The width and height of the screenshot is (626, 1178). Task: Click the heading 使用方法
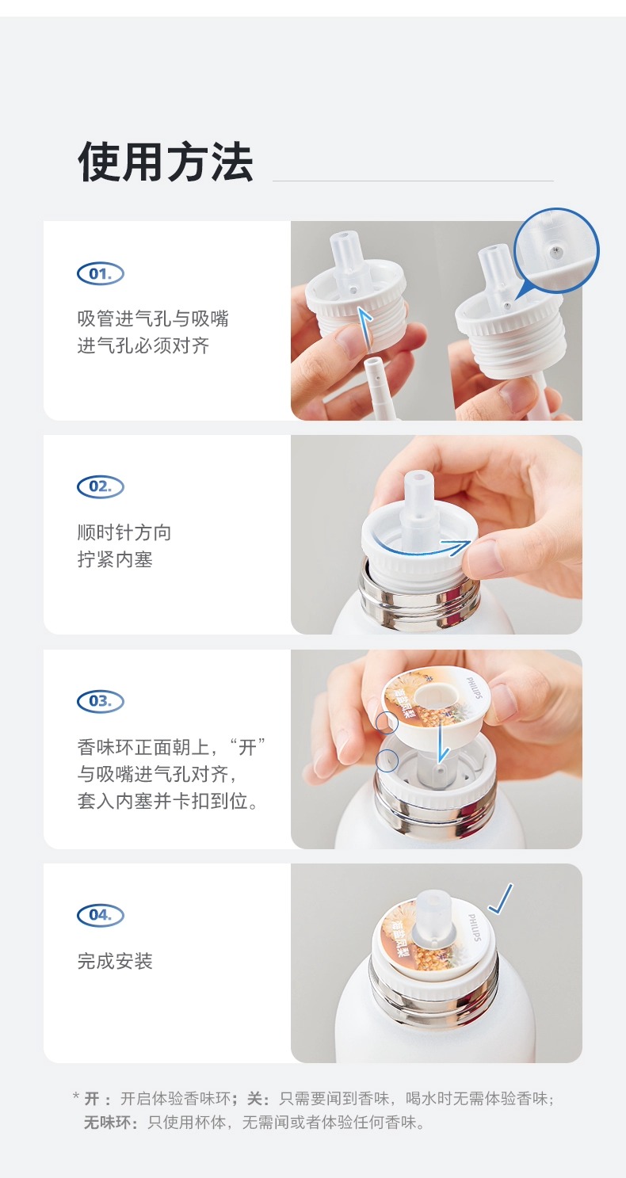165,162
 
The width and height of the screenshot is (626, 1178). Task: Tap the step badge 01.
101,273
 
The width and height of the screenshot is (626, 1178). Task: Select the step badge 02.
101,486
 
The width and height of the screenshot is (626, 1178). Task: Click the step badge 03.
101,700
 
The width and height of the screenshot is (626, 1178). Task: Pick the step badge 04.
101,914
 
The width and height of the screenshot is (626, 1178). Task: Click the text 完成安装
115,961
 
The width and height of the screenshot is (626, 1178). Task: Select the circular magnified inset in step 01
556,250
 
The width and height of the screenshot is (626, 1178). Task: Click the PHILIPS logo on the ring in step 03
474,688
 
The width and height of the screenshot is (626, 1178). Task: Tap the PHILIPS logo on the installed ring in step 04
474,928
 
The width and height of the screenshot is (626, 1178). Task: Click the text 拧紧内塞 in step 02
115,559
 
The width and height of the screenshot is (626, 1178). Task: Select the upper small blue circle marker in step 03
387,722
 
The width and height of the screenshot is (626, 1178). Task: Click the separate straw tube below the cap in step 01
380,389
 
